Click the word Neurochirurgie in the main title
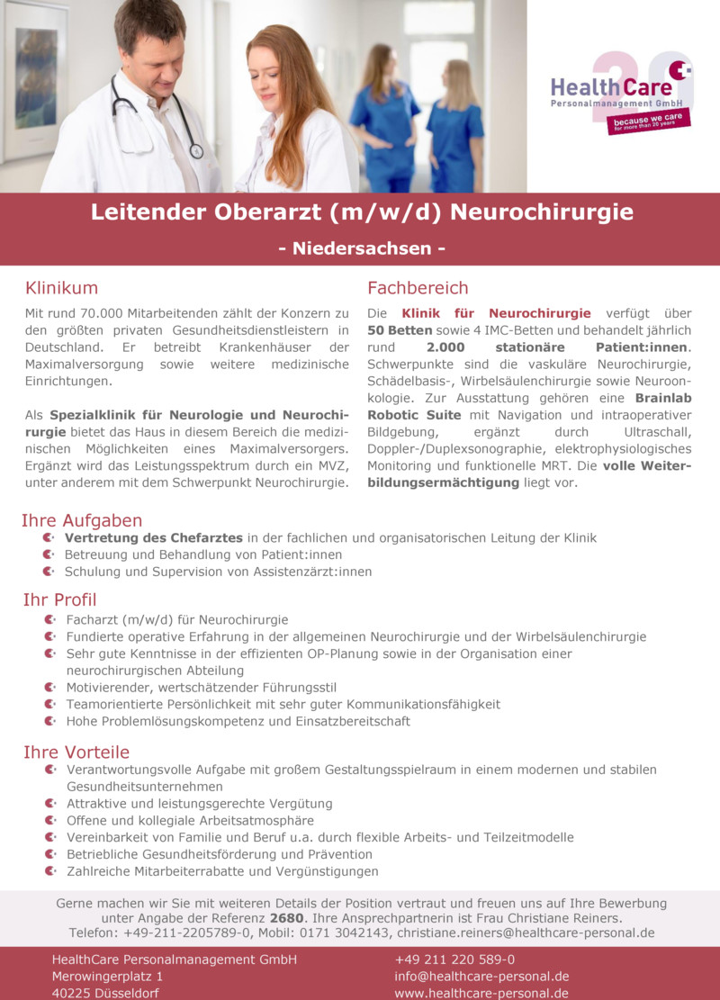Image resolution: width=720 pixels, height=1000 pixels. click(541, 213)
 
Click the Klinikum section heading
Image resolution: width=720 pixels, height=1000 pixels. click(61, 288)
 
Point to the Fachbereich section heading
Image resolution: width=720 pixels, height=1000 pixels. click(418, 288)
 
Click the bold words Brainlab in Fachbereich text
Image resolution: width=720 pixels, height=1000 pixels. click(662, 398)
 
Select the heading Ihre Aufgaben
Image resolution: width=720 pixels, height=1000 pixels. click(82, 520)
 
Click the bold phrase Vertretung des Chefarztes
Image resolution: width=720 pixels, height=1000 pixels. click(155, 537)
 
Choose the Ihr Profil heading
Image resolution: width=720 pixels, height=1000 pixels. click(59, 599)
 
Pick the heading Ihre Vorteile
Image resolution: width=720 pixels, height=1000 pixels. click(76, 752)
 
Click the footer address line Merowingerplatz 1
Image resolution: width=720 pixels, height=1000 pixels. click(107, 977)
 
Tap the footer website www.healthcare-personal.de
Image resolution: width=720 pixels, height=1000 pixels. click(481, 993)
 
